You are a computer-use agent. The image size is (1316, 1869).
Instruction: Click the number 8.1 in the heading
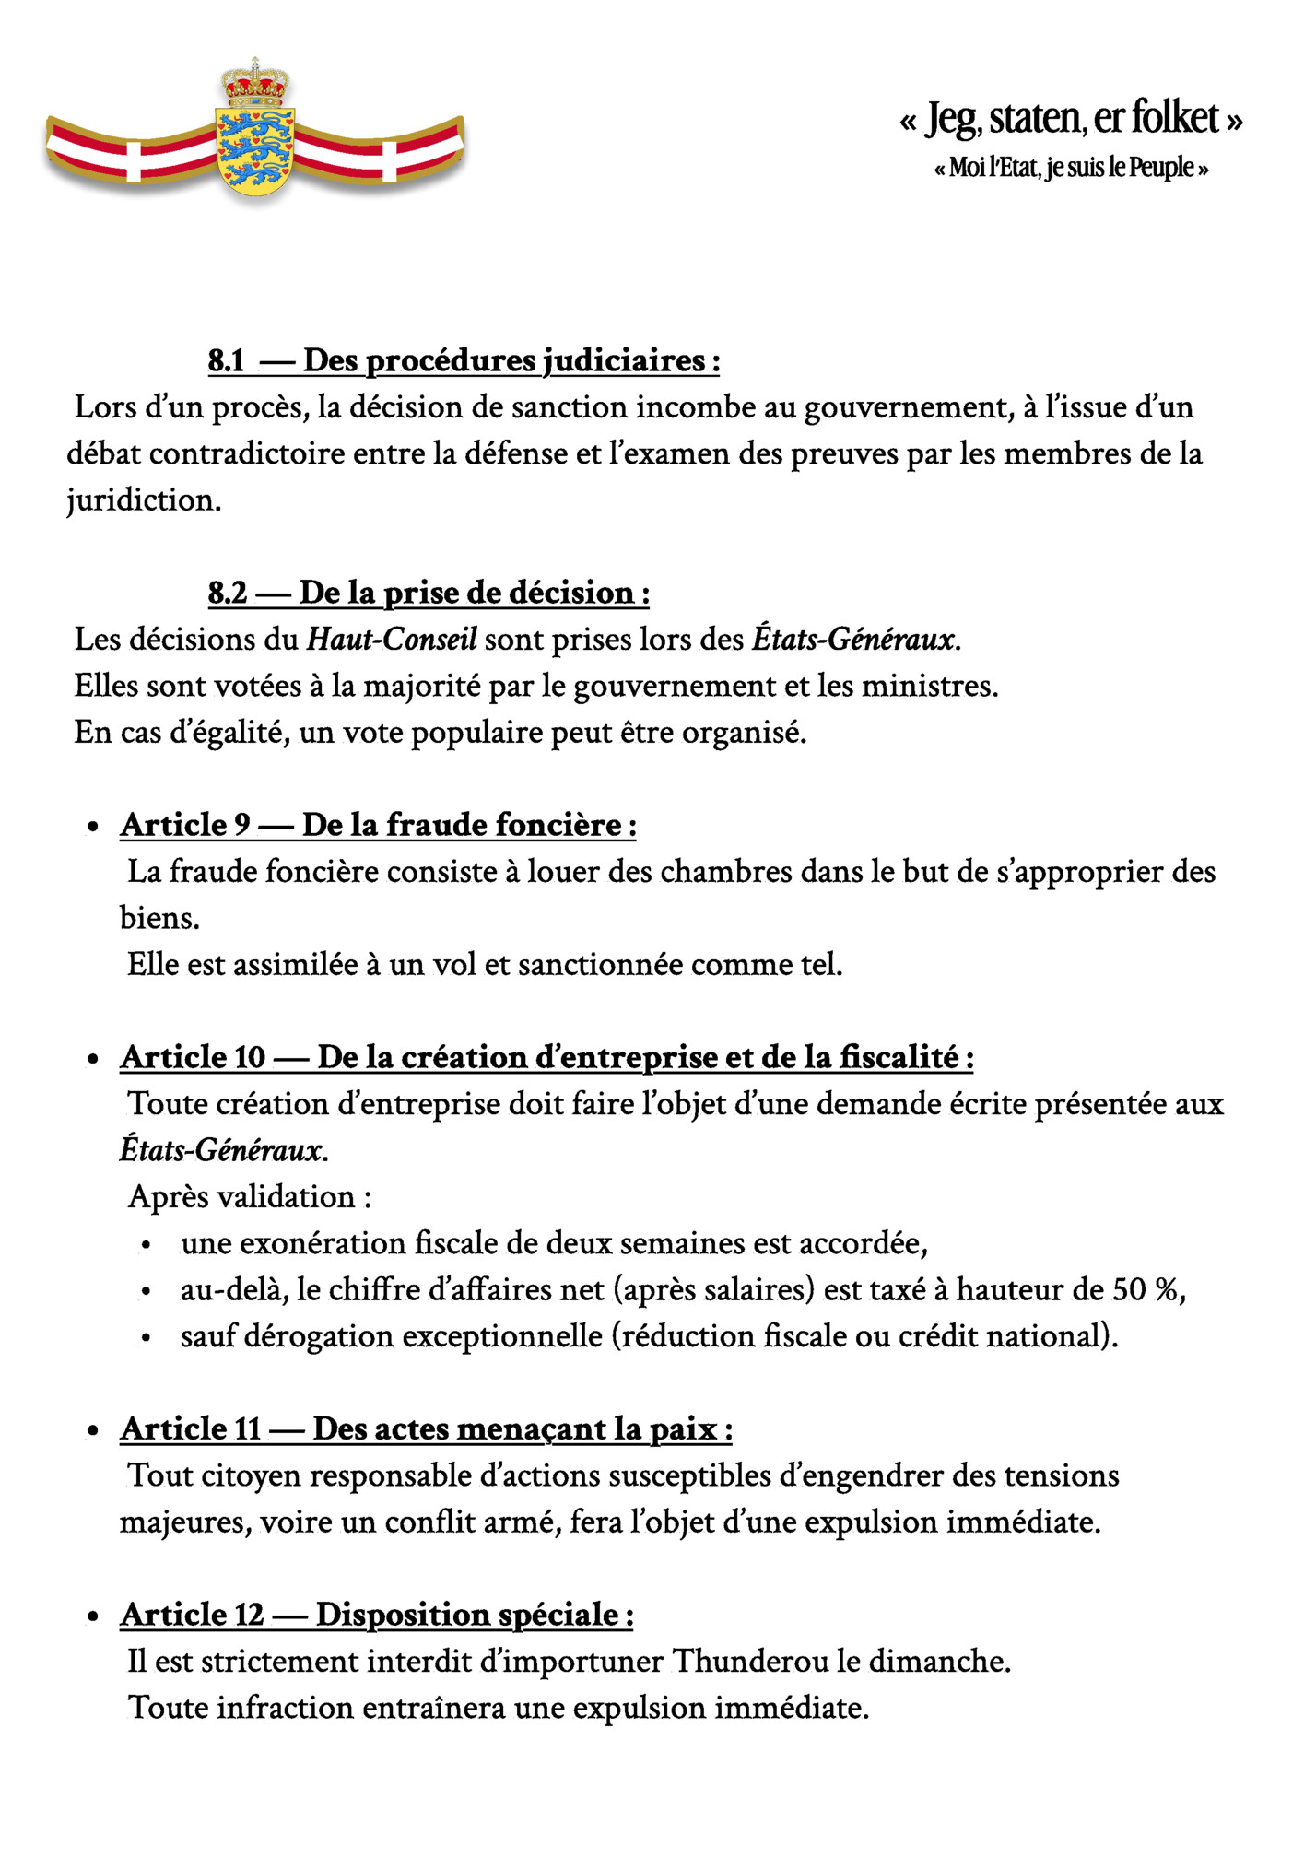tap(227, 360)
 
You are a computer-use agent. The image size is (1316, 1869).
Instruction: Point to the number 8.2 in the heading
tap(228, 593)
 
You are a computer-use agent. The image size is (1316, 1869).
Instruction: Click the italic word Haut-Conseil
tap(392, 640)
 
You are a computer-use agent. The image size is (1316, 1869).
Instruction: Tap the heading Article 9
tap(185, 825)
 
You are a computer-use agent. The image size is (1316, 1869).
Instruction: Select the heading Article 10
tap(193, 1057)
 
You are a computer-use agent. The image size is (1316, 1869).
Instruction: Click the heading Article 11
tap(191, 1429)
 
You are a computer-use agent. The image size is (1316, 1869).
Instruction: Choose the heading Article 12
tap(192, 1615)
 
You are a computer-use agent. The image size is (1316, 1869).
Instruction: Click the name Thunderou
tap(750, 1662)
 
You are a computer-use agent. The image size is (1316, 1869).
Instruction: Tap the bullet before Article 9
tap(92, 827)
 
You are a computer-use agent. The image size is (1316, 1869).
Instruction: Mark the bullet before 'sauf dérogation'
tap(146, 1337)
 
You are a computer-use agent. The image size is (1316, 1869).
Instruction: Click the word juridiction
tap(143, 500)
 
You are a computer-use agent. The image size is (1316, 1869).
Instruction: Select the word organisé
tap(744, 733)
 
